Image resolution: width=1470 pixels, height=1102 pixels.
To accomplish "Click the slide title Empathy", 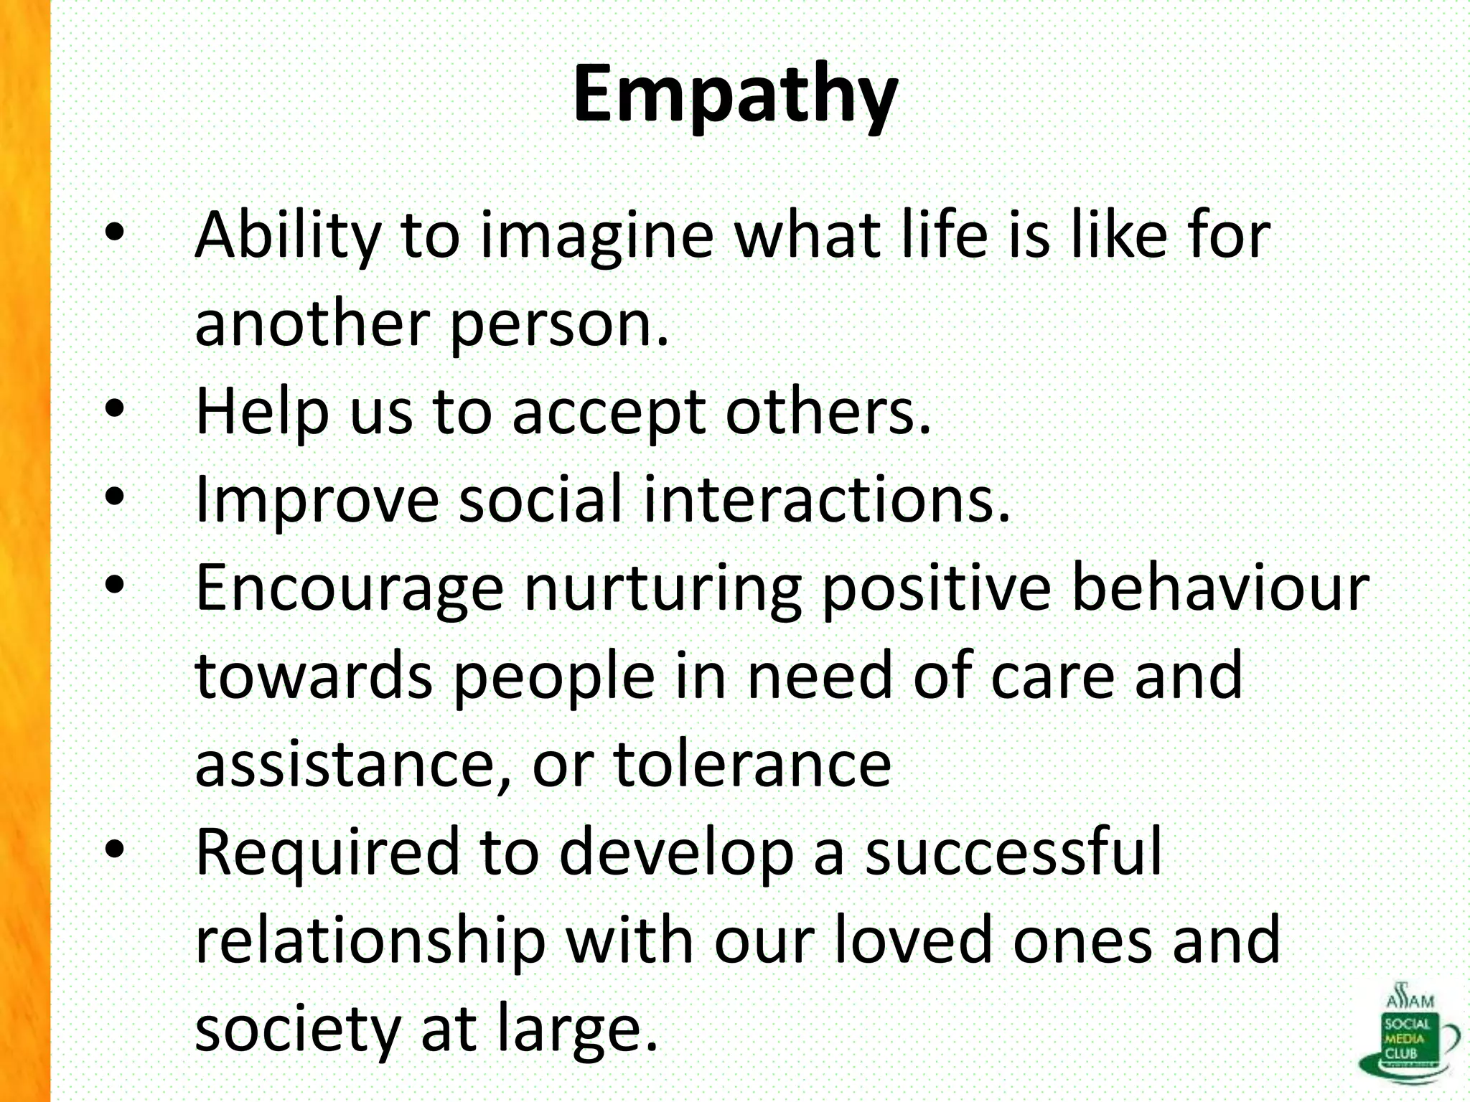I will click(735, 95).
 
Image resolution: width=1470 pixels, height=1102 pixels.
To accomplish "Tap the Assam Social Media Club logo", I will click(1408, 1033).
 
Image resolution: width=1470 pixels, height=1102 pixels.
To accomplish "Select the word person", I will click(558, 324).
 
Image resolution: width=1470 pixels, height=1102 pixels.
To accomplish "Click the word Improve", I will click(317, 501).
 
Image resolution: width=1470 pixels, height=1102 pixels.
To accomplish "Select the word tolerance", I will click(752, 765).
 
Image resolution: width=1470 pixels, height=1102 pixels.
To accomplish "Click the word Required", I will click(327, 852).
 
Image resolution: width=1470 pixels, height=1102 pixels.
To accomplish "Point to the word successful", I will click(1013, 852).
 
